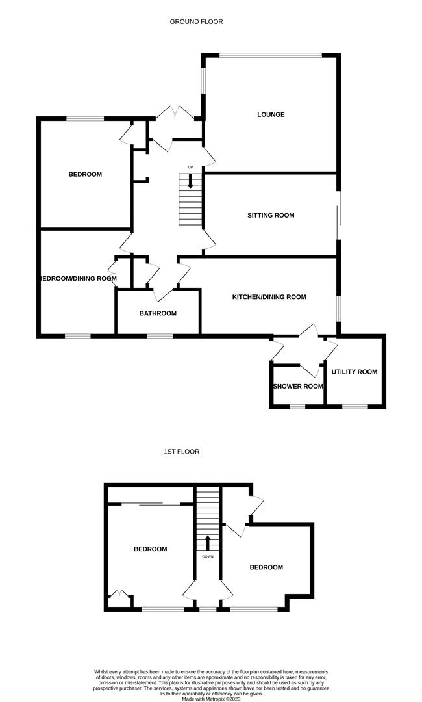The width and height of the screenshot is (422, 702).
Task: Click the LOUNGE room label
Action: pos(271,114)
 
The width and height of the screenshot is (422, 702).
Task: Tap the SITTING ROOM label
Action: pos(271,215)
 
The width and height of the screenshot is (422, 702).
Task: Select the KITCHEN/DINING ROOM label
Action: pos(269,297)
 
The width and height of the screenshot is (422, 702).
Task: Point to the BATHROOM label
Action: pos(158,313)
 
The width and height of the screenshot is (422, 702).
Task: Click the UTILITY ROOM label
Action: pos(354,372)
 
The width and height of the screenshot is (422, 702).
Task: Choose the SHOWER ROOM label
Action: pos(298,386)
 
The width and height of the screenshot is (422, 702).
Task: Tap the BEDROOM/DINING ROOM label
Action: pos(78,278)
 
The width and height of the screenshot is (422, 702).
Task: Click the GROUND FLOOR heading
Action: pos(196,21)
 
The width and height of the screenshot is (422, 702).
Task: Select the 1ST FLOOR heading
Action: pos(182,452)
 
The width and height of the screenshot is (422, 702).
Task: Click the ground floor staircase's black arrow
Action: pos(190,181)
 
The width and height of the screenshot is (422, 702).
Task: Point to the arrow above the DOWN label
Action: pos(207,543)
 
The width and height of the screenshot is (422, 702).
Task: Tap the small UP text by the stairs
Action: pos(190,168)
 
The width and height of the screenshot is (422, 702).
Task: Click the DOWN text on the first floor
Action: pos(208,557)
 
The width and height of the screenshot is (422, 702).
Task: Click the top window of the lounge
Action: pos(271,55)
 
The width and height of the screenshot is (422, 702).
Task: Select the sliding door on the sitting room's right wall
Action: pos(338,215)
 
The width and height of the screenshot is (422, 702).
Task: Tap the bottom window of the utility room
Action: pos(355,406)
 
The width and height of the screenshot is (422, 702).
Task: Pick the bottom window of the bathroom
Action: pos(160,335)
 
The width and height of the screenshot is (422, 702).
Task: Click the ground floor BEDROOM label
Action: pos(85,175)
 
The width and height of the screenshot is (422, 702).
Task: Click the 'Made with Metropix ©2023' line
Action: pos(211,698)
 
